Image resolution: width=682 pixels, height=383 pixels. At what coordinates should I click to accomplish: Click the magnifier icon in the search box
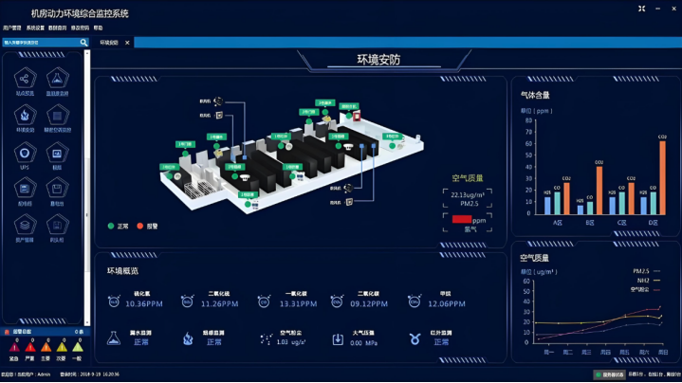[x=83, y=43]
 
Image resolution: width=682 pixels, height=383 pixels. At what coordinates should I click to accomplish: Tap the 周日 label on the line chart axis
[x=663, y=352]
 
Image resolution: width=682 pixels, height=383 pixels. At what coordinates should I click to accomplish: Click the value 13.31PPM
[x=298, y=304]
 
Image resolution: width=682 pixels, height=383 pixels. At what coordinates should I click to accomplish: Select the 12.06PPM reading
[x=446, y=304]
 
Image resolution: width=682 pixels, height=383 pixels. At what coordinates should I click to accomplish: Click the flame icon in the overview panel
[x=188, y=338]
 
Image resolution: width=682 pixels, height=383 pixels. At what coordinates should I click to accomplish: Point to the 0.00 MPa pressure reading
[x=364, y=342]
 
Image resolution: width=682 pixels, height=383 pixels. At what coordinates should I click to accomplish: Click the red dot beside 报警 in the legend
[x=139, y=227]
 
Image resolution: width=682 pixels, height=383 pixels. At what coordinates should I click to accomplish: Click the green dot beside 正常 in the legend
[x=111, y=227]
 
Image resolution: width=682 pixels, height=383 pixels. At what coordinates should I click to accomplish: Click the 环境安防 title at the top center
[x=378, y=60]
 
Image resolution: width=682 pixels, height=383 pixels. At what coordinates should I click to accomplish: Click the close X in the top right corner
[x=673, y=9]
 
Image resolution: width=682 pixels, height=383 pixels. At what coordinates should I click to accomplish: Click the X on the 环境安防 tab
[x=127, y=43]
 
